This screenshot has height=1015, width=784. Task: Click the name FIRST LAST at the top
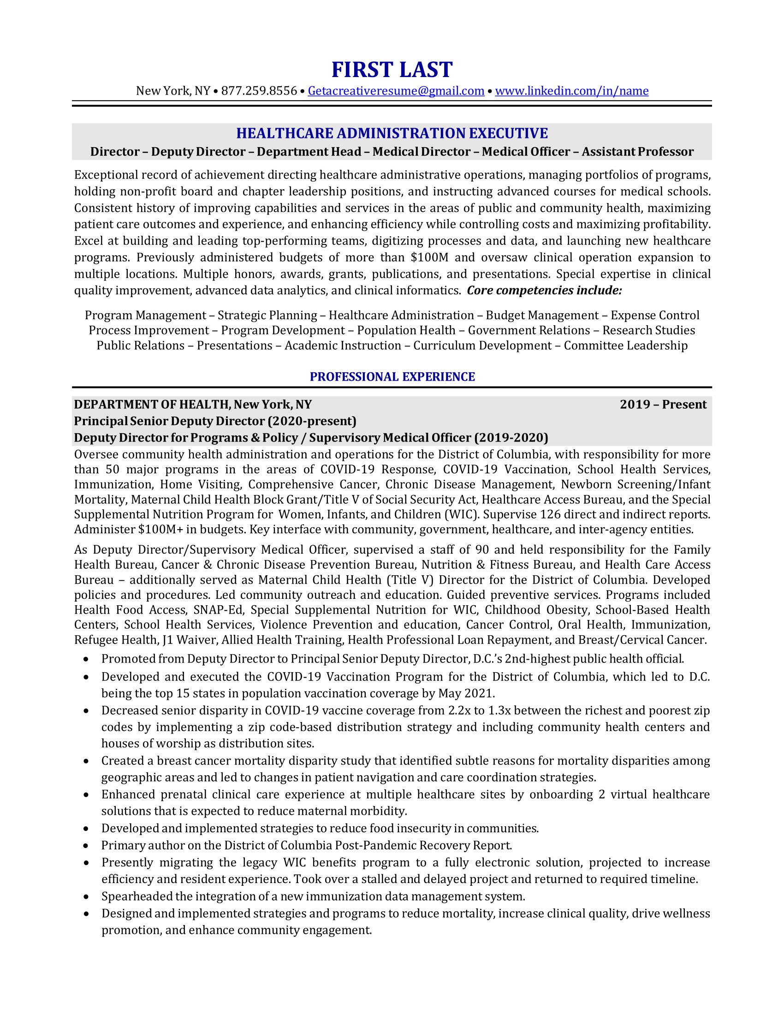click(x=392, y=70)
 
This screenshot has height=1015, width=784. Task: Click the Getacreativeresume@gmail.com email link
click(x=396, y=90)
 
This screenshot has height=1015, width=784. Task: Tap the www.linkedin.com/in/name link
click(x=571, y=90)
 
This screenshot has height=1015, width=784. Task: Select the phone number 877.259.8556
click(x=259, y=90)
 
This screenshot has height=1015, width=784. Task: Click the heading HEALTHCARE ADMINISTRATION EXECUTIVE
click(x=392, y=133)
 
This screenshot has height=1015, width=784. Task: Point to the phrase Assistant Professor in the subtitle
click(x=638, y=151)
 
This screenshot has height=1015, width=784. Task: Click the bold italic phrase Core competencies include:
click(x=544, y=291)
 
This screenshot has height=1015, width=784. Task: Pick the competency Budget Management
click(x=542, y=315)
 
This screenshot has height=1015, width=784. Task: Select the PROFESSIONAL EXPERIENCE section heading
click(x=392, y=376)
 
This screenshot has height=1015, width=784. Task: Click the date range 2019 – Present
click(x=663, y=404)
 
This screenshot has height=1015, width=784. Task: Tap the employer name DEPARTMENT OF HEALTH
click(x=152, y=404)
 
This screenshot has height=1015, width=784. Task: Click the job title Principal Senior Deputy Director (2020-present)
click(x=215, y=421)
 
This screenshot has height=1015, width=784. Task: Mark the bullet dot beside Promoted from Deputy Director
click(x=86, y=659)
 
